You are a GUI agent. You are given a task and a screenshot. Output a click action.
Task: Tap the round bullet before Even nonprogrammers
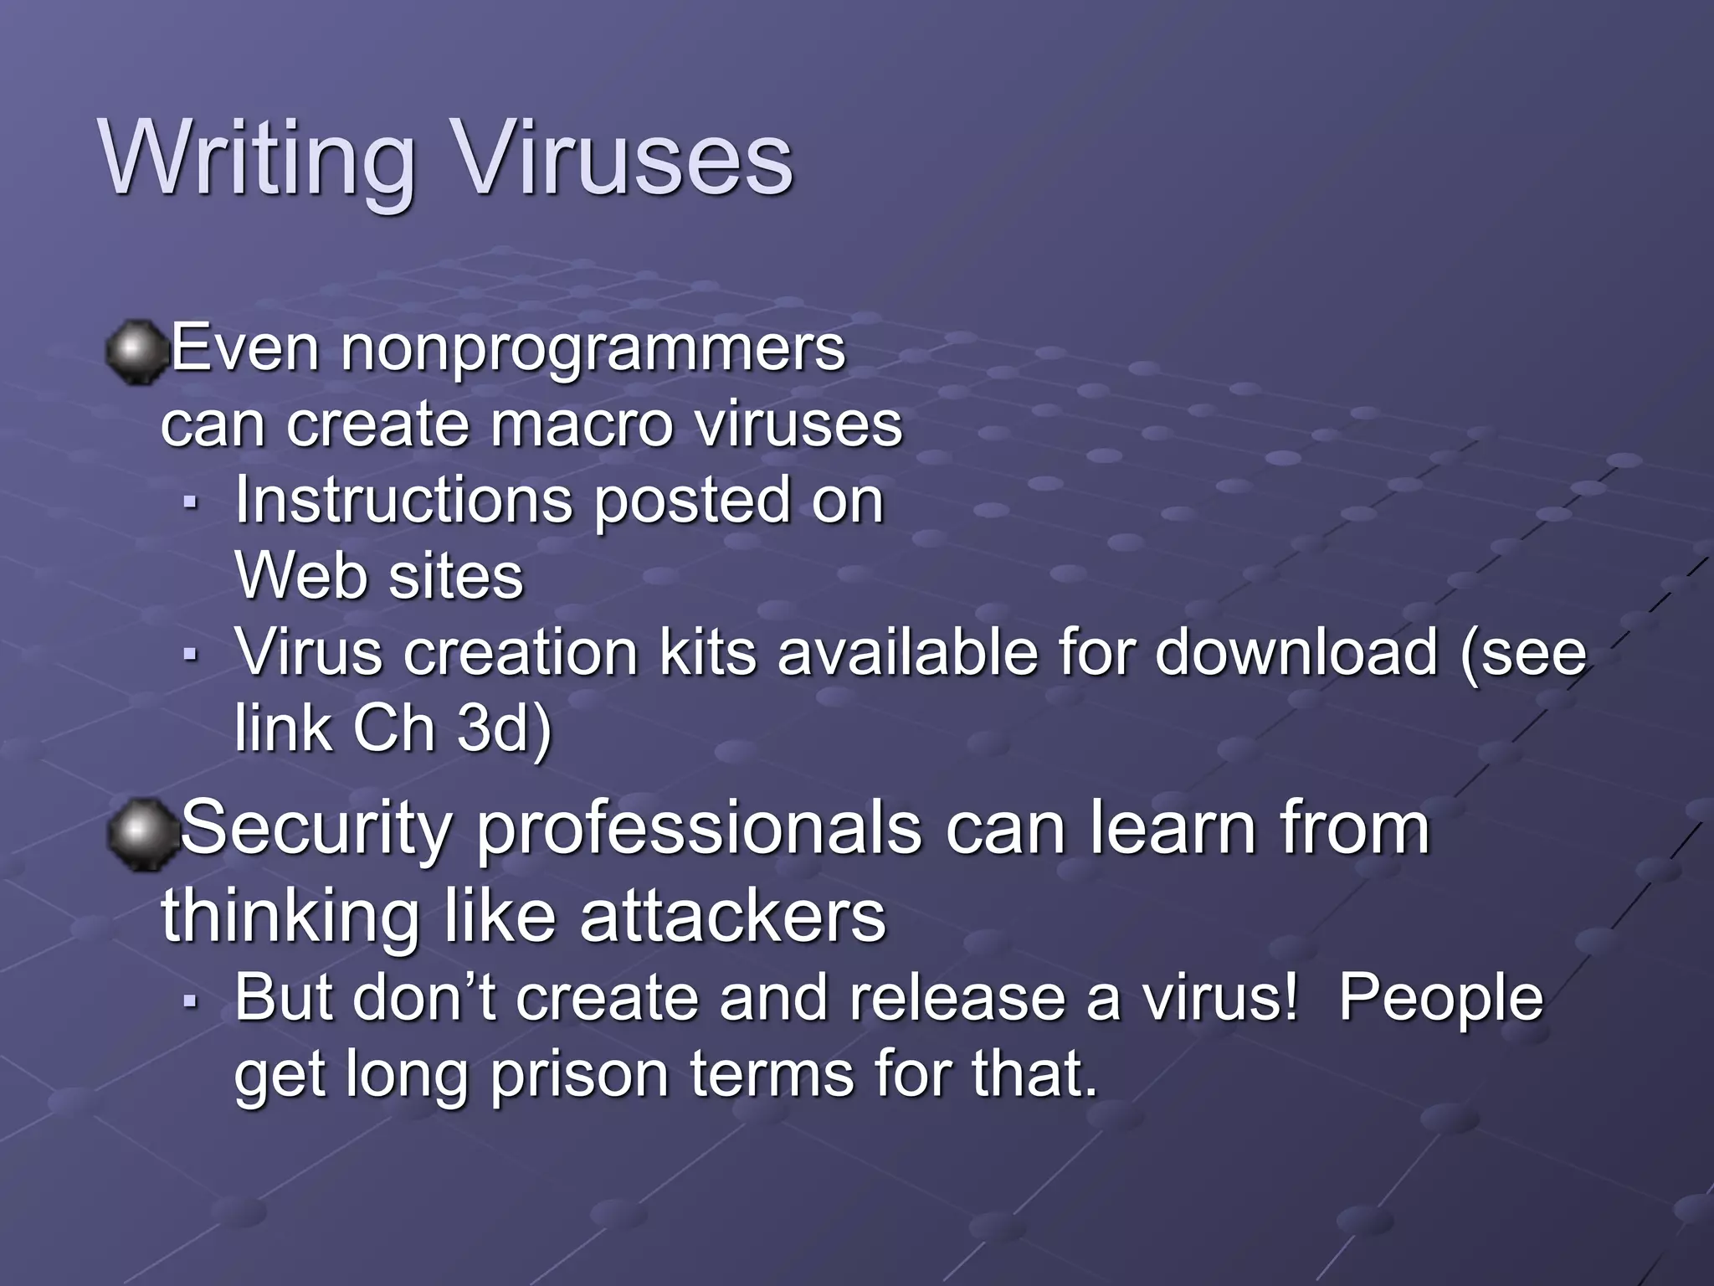pyautogui.click(x=136, y=352)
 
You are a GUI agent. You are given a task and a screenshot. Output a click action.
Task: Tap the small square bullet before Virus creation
pyautogui.click(x=191, y=654)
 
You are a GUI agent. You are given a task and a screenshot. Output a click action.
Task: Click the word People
pyautogui.click(x=1440, y=998)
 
